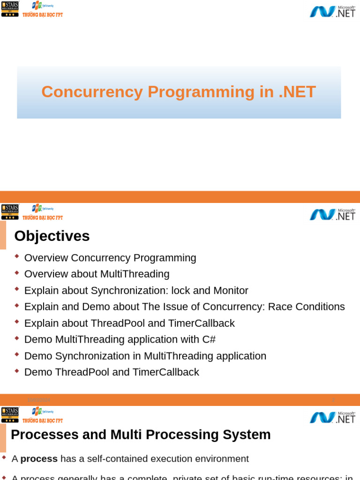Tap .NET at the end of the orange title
(x=297, y=92)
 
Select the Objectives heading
(x=52, y=236)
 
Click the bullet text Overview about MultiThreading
(x=97, y=274)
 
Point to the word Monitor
(x=231, y=291)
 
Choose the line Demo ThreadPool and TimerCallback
(x=112, y=372)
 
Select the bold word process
(x=39, y=459)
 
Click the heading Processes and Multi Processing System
(x=141, y=435)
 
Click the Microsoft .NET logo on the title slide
(x=332, y=11)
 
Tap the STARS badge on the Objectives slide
(x=10, y=212)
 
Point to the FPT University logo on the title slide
(x=43, y=8)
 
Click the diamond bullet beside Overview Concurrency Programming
(x=17, y=256)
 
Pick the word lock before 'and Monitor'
(x=181, y=291)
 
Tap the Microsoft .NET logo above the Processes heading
(x=332, y=417)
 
